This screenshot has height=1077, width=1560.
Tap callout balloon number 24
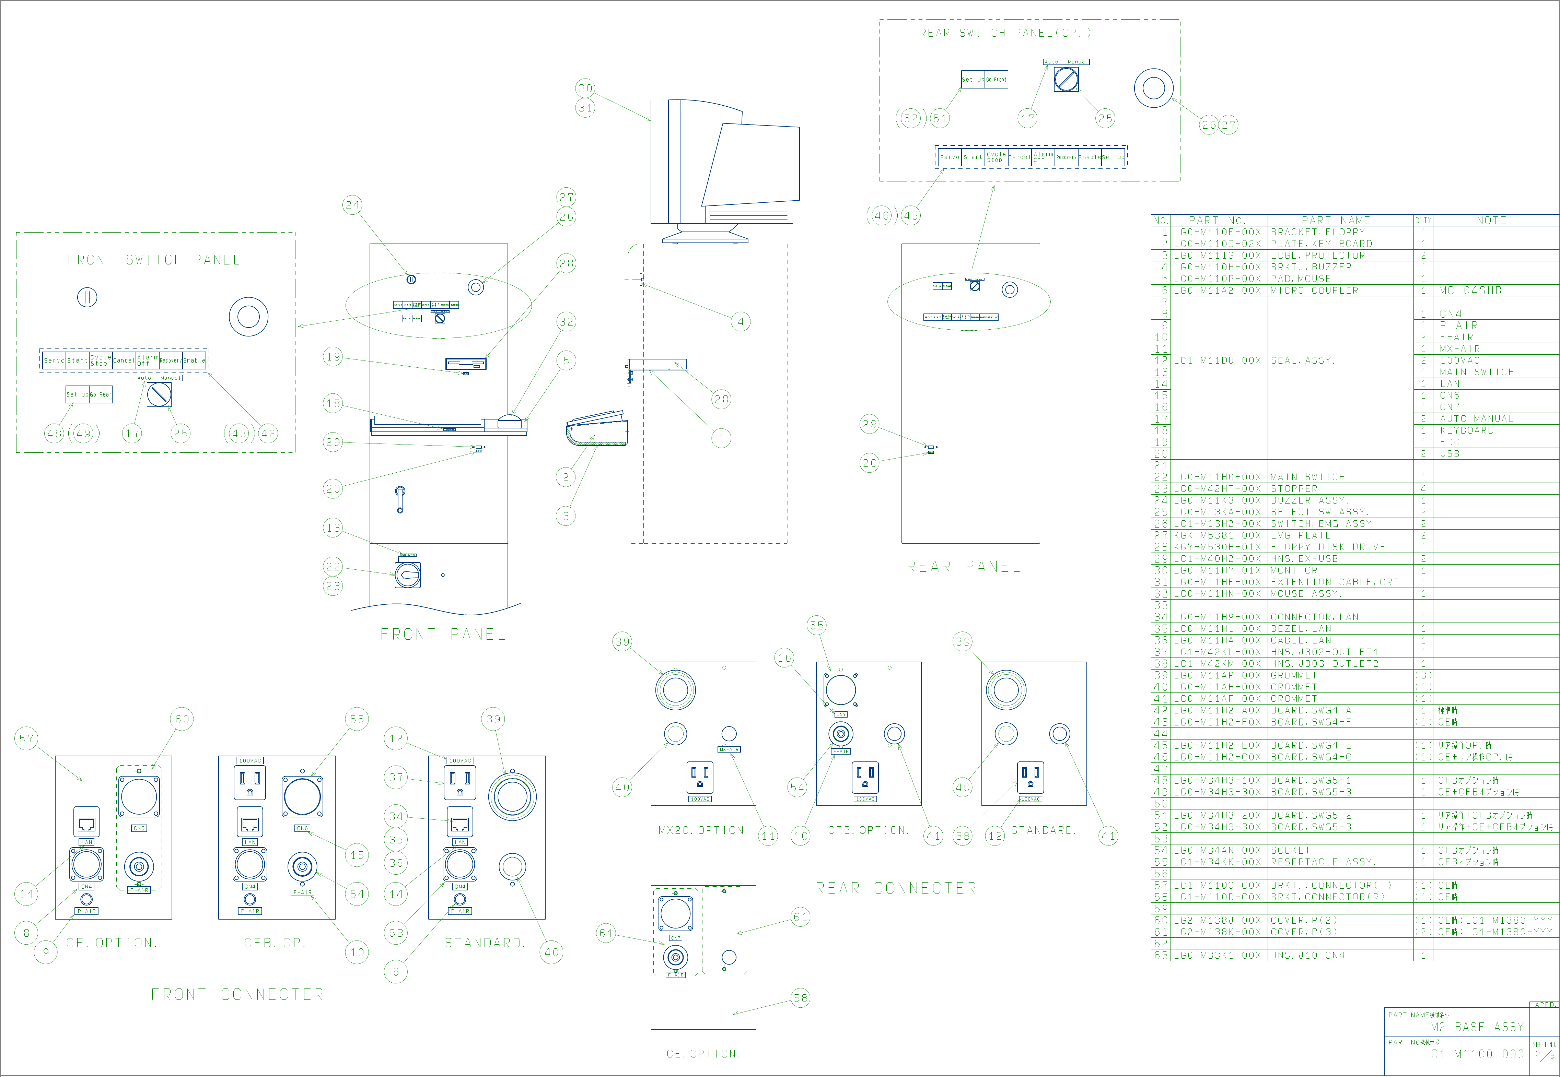[352, 205]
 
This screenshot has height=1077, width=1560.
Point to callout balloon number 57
[26, 738]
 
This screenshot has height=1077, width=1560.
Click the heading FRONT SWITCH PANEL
[153, 260]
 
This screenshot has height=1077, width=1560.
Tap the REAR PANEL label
[963, 567]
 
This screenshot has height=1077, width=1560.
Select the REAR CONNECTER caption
[896, 888]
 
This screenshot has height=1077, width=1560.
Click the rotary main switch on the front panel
[408, 574]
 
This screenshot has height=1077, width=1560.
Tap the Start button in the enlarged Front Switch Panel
[77, 360]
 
